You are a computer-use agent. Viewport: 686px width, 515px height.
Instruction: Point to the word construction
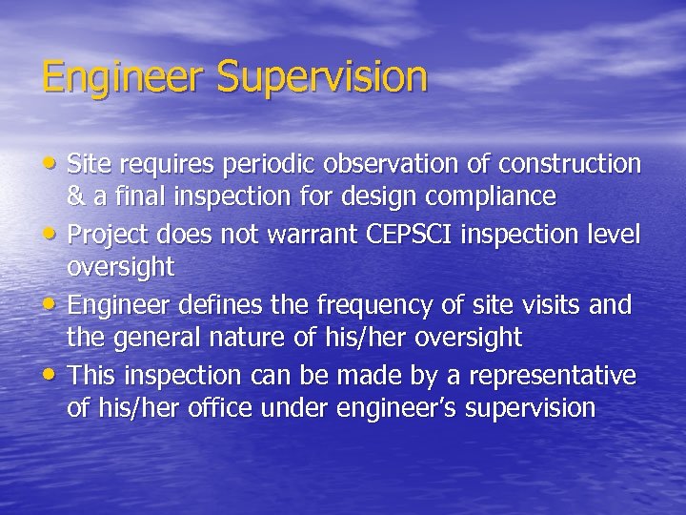pyautogui.click(x=568, y=164)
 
